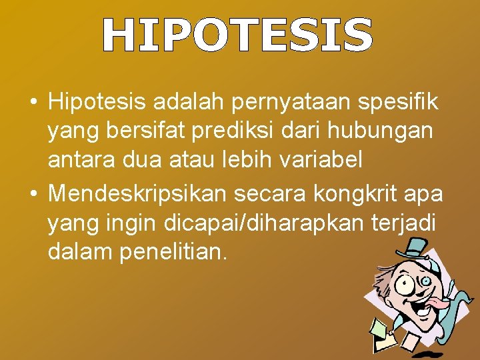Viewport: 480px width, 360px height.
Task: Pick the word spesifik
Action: pos(399,103)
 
